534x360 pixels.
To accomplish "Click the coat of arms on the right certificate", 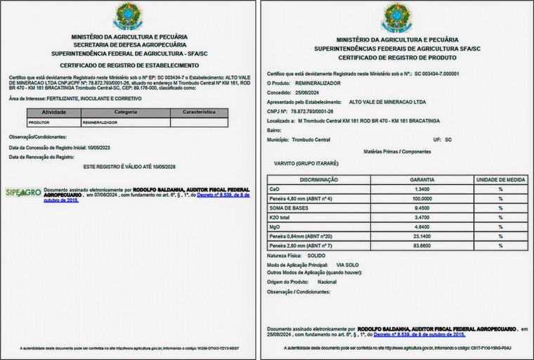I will pyautogui.click(x=397, y=18).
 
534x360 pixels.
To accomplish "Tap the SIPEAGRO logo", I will pyautogui.click(x=23, y=193).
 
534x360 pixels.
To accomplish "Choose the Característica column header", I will pyautogui.click(x=199, y=112).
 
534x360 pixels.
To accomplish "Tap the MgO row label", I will pyautogui.click(x=275, y=227).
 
